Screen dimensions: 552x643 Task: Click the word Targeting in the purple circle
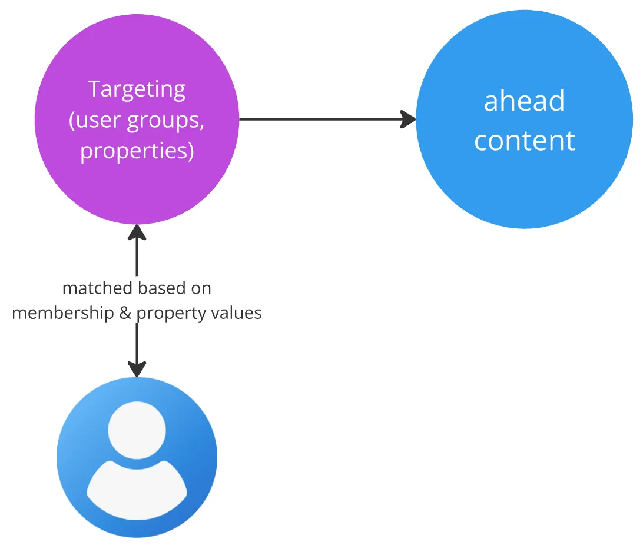point(137,89)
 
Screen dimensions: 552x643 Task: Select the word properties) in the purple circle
point(137,151)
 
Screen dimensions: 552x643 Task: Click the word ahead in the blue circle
point(524,101)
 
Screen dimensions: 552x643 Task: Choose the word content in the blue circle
point(524,141)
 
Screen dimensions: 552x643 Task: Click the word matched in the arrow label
point(98,288)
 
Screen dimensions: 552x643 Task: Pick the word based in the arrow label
point(161,288)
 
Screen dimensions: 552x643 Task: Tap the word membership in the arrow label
point(63,312)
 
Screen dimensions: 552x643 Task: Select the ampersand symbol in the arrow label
point(125,312)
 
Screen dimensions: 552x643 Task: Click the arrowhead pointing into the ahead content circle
point(409,119)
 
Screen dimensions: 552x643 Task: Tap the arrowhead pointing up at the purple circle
point(137,231)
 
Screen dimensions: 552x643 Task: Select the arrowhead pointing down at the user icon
point(137,370)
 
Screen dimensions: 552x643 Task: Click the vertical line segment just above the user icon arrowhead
point(137,341)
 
